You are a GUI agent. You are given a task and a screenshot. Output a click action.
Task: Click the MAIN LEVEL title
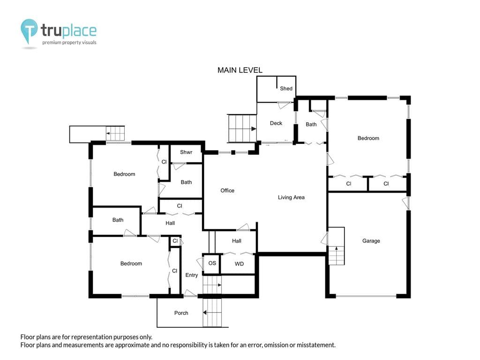pos(240,70)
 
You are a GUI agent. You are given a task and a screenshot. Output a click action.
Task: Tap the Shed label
pos(286,89)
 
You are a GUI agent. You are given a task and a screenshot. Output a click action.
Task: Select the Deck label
pos(276,123)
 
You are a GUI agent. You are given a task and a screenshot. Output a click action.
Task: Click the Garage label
pos(371,241)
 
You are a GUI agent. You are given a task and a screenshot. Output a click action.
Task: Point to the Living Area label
pos(291,197)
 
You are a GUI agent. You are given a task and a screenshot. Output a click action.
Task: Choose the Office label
pos(227,190)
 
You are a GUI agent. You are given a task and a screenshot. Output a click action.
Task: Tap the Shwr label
pos(186,152)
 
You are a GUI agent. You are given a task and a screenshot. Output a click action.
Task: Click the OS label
pos(212,263)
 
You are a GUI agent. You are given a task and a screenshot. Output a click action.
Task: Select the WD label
pos(239,264)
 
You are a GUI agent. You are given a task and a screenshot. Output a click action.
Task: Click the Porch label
pos(181,313)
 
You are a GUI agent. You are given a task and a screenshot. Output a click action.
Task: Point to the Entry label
pos(192,275)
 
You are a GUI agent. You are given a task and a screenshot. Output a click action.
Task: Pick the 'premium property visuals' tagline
pos(69,43)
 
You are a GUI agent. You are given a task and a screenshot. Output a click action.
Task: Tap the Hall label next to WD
pos(236,241)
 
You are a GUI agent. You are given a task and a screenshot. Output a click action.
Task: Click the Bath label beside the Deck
pos(311,124)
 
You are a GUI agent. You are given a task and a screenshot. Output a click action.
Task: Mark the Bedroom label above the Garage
pos(368,138)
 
